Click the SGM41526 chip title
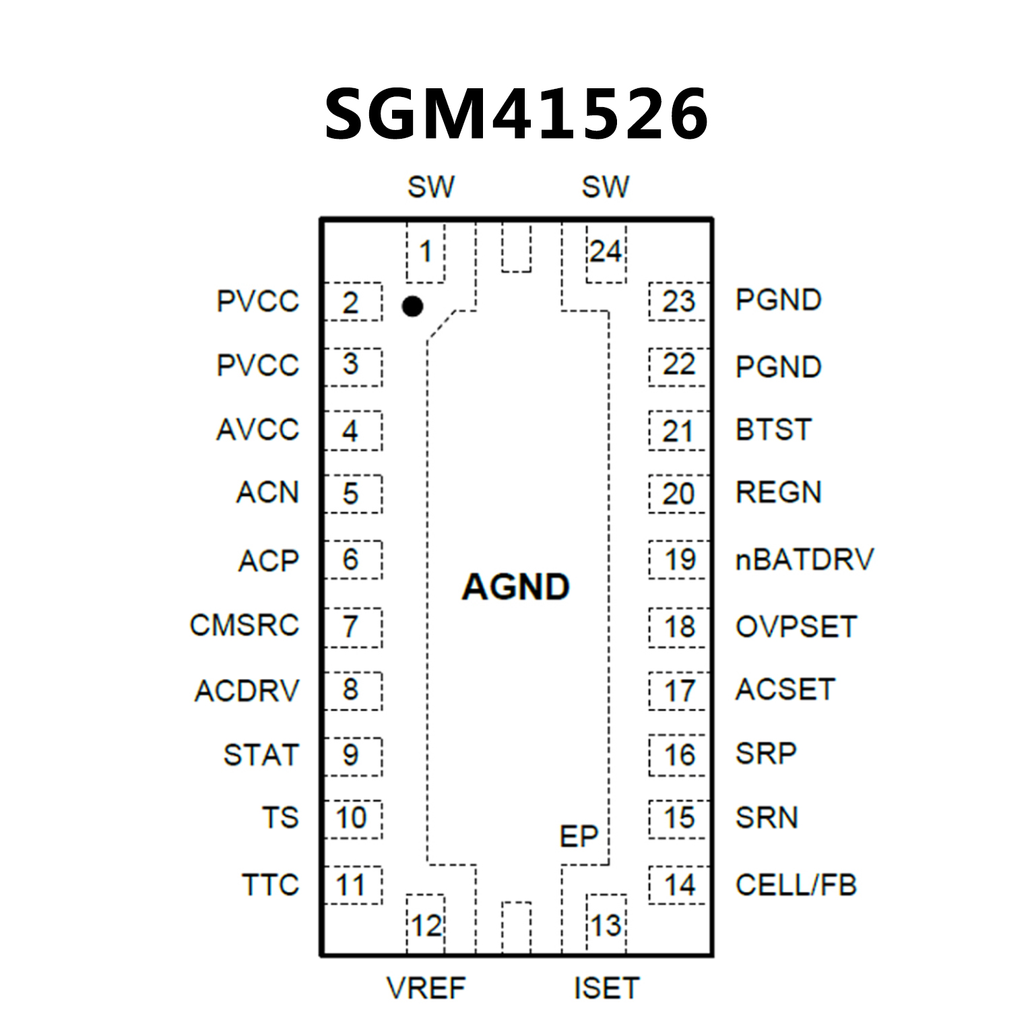pos(516,115)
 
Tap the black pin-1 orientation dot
pos(412,306)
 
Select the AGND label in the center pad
pos(516,587)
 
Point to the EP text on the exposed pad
pos(579,837)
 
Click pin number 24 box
pos(606,253)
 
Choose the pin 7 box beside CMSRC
pos(352,627)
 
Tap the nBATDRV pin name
pos(804,560)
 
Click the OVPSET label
pos(796,627)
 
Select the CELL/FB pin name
pos(796,885)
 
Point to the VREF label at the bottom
pos(426,988)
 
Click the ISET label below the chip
pos(606,988)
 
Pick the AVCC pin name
pos(258,430)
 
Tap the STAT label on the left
pos(261,755)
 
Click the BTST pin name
pos(773,430)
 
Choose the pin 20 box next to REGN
pos(678,494)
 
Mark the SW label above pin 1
pos(431,187)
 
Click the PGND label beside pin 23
pos(778,300)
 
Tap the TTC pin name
pos(270,885)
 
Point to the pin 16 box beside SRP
pos(678,755)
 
